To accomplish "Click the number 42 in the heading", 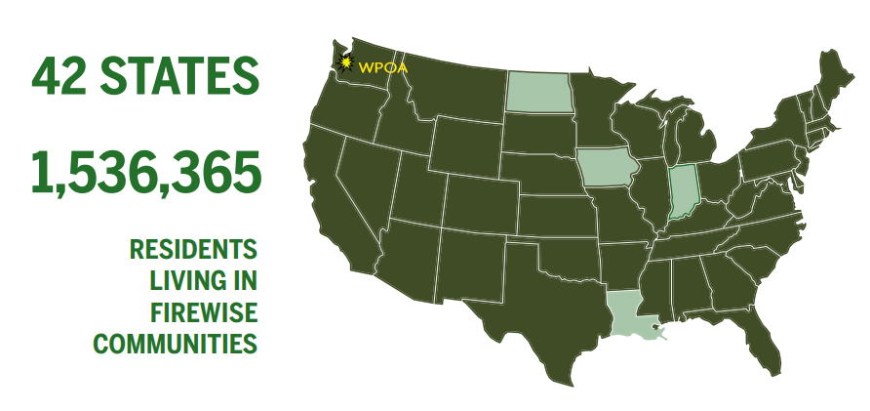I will (63, 75).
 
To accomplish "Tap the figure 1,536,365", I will (146, 172).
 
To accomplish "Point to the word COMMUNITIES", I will (176, 344).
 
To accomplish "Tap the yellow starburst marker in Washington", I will (345, 64).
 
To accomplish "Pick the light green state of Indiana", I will (684, 191).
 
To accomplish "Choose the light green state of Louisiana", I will (629, 312).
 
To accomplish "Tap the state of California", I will (336, 205).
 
